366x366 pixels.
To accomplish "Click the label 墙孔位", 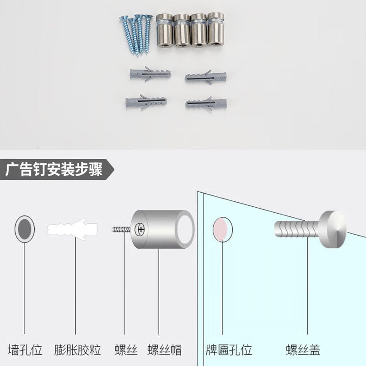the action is pos(25,350).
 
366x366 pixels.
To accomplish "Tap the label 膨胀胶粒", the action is pos(77,350).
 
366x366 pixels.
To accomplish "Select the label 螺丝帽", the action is pos(164,350).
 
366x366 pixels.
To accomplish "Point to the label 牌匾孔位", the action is pos(229,350).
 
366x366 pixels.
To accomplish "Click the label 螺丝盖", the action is pos(303,350).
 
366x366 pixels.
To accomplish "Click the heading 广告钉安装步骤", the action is pos(54,169).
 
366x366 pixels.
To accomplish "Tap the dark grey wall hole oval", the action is pos(25,229).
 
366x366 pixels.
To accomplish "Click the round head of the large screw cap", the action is pos(332,229).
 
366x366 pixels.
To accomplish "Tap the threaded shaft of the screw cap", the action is pos(296,229).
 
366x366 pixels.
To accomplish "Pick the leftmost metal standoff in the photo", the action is pos(165,30).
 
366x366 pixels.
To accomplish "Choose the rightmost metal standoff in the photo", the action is pos(215,29).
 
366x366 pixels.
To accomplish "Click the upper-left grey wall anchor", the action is pos(151,74).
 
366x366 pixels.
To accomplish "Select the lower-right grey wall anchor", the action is pos(206,104).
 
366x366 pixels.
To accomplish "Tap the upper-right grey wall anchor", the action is pos(205,77).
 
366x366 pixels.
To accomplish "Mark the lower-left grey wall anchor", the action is pos(146,102).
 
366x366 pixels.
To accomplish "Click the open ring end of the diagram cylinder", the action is pos(185,229).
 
